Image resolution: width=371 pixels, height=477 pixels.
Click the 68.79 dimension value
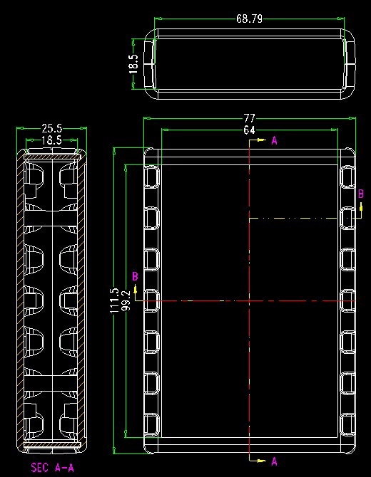pos(249,19)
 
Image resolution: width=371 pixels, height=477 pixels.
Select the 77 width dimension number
pos(249,118)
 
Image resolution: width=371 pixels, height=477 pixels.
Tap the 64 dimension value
pos(249,130)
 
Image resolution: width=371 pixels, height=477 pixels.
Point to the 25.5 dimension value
pos(51,128)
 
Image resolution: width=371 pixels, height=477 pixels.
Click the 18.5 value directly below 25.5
pos(51,140)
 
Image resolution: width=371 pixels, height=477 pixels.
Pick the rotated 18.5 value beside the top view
pos(133,64)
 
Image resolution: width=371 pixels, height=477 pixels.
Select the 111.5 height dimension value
pos(114,300)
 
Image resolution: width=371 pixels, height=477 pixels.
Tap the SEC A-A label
pos(52,467)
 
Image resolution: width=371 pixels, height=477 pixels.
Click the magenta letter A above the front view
pos(275,140)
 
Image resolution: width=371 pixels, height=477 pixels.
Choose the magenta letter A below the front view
pos(275,461)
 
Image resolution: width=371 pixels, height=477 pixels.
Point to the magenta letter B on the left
pos(135,276)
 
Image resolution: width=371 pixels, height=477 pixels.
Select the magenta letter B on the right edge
pos(360,194)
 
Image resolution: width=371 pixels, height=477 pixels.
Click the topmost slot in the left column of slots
pos(151,176)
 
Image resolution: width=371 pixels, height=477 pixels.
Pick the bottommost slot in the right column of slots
pos(347,425)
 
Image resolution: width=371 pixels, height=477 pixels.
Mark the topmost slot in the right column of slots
pos(347,176)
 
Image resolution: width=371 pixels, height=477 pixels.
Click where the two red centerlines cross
pos(250,301)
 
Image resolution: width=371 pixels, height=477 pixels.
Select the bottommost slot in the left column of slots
pos(151,425)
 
